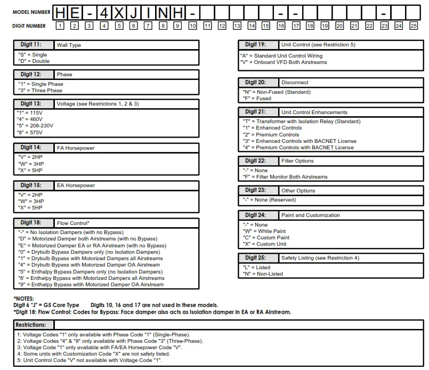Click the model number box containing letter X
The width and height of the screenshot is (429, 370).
[x=119, y=12]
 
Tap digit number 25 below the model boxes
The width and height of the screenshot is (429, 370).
[x=413, y=26]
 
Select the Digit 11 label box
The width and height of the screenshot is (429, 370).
[x=34, y=45]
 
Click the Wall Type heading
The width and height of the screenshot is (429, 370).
[x=69, y=45]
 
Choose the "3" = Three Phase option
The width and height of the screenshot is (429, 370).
[x=41, y=91]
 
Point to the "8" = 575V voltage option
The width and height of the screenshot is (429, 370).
[x=30, y=132]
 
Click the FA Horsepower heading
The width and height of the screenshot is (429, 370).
[x=76, y=147]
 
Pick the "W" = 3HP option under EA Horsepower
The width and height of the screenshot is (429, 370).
[x=30, y=201]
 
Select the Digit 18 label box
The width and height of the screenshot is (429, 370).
[x=34, y=222]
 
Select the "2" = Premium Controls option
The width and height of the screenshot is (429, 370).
[x=263, y=135]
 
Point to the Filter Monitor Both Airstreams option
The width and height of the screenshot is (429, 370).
[x=285, y=177]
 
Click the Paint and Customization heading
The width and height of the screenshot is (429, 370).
[x=310, y=215]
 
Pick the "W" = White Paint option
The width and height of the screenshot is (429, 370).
[x=264, y=231]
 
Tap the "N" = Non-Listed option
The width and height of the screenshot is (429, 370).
[x=263, y=274]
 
